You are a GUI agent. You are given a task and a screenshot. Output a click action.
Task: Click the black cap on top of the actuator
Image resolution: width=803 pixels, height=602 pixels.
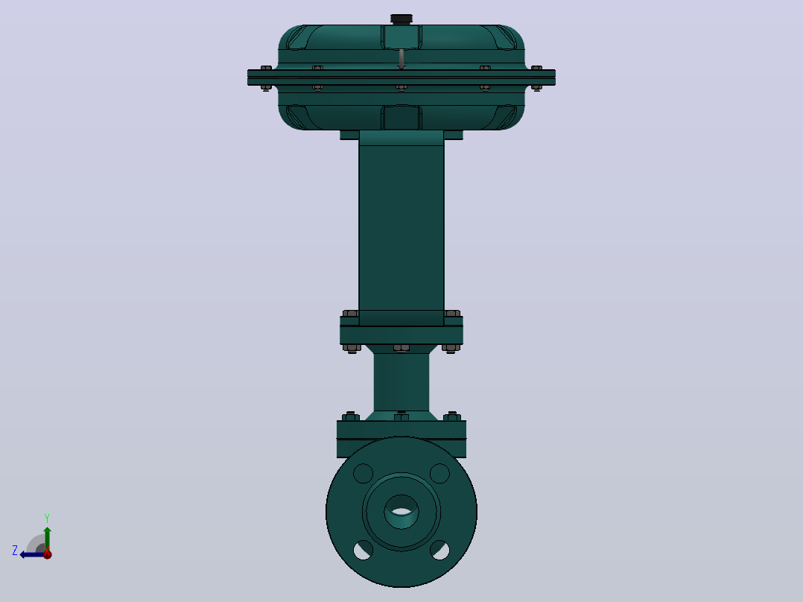coord(401,19)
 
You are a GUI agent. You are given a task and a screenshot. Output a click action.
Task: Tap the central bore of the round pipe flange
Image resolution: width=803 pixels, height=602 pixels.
coord(401,511)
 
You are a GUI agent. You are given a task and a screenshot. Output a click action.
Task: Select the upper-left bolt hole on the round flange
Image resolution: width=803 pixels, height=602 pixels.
coord(363,473)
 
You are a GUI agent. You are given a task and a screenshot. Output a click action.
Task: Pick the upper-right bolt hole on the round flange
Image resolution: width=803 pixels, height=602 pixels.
coord(440,473)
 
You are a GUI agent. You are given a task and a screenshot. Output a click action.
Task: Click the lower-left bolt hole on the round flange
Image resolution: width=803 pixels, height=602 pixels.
coord(363,551)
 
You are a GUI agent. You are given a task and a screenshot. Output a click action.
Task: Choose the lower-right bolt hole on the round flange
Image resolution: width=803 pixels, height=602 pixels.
coord(440,551)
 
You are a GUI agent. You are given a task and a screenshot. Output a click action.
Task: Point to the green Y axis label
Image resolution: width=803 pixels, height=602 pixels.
coord(47,518)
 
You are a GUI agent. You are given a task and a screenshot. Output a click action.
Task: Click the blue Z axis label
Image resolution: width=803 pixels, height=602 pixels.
coord(15,551)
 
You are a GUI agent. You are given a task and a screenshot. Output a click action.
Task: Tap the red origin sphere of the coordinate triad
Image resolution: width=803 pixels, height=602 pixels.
coord(48,554)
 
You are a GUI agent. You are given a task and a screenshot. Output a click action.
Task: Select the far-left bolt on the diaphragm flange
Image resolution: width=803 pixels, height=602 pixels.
coord(267,78)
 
